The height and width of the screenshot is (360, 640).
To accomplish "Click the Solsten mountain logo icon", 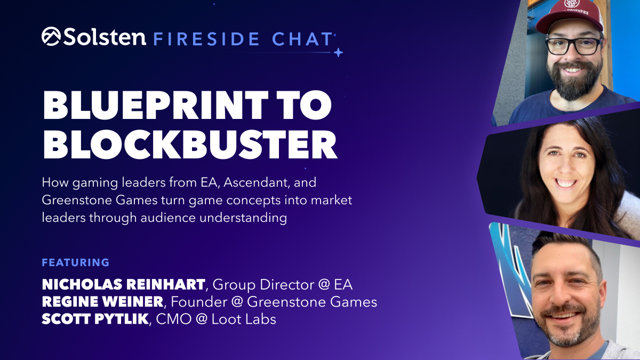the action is tap(51, 36).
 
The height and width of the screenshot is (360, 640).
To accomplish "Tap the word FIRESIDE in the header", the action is tap(206, 39).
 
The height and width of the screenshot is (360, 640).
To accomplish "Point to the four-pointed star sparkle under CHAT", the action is tap(338, 53).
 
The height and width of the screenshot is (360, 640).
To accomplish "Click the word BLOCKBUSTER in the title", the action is tap(190, 145).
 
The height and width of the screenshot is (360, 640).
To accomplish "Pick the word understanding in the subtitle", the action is tap(243, 218).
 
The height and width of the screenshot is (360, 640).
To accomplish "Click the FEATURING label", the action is tap(76, 262).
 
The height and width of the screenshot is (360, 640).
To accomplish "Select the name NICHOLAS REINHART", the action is tap(123, 284).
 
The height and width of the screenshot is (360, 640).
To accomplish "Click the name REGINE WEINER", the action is tap(102, 302).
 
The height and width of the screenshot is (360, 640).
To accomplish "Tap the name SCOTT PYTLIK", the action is tap(95, 319).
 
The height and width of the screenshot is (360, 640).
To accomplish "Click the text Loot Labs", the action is tap(244, 319).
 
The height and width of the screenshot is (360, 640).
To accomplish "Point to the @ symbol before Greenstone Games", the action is tap(237, 302).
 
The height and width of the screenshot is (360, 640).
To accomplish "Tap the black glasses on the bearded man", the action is tap(573, 46).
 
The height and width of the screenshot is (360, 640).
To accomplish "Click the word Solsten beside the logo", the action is tap(105, 37).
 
